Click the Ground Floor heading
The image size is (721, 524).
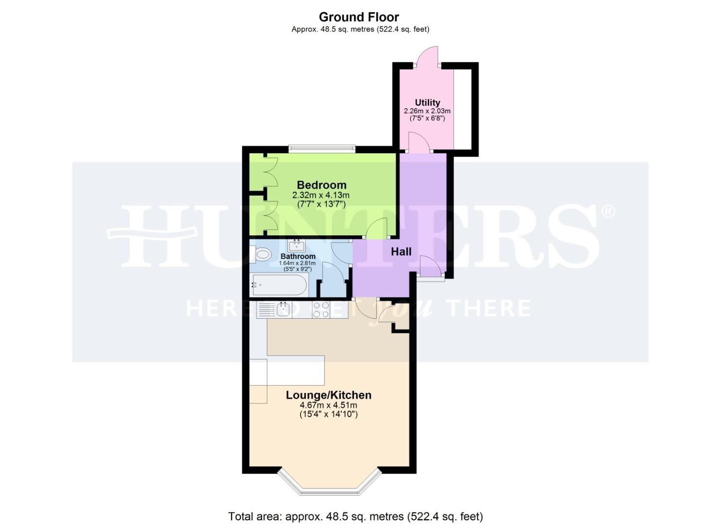(x=359, y=17)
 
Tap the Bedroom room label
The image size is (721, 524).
(x=321, y=185)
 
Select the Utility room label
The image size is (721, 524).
(x=427, y=102)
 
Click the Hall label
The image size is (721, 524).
(x=401, y=251)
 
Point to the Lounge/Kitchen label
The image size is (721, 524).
(x=329, y=395)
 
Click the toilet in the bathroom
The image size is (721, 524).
(x=261, y=254)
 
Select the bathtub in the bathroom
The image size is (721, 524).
(x=279, y=285)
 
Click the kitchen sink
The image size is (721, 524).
(x=283, y=310)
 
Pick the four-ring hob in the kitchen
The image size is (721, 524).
(x=320, y=310)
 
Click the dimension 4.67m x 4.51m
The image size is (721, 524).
(x=329, y=406)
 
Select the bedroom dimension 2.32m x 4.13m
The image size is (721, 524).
(x=320, y=195)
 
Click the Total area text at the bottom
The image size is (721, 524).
(x=355, y=516)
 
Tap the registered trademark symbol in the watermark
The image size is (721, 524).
(x=608, y=212)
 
